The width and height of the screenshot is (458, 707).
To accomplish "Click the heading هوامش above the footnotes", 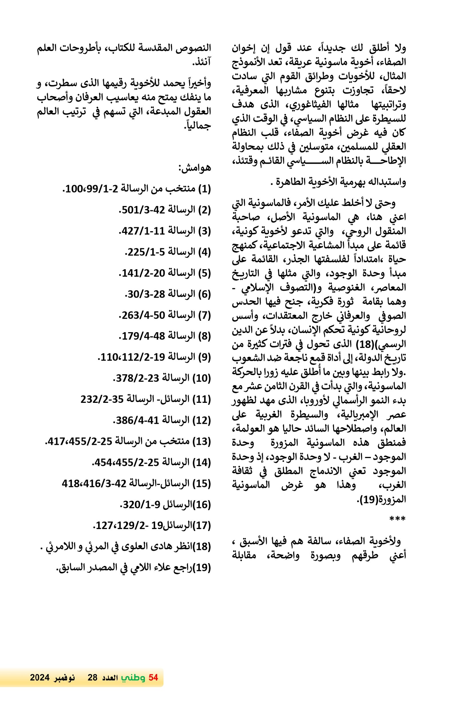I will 194,168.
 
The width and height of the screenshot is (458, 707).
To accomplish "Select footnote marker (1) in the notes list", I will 204,189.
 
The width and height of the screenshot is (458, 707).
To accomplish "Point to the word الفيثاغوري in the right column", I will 310,105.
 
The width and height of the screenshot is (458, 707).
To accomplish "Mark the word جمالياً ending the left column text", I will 197,126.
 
